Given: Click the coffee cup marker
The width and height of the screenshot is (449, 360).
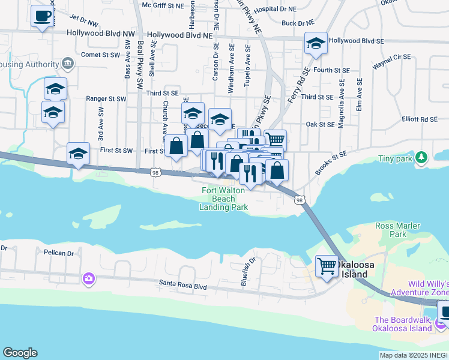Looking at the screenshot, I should pyautogui.click(x=41, y=16).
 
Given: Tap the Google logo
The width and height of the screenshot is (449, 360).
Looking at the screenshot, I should pyautogui.click(x=20, y=353).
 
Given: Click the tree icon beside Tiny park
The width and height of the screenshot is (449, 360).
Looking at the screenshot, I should pyautogui.click(x=422, y=158).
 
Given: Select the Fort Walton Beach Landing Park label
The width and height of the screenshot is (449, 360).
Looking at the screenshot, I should pyautogui.click(x=224, y=199).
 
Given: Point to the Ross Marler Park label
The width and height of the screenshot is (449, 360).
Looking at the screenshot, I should pyautogui.click(x=394, y=230).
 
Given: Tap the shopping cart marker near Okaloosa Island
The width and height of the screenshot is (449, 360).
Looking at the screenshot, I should pyautogui.click(x=327, y=265).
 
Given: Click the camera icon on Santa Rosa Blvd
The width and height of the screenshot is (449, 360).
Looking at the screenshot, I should pyautogui.click(x=89, y=278).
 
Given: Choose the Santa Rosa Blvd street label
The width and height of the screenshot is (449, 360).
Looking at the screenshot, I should pyautogui.click(x=183, y=287).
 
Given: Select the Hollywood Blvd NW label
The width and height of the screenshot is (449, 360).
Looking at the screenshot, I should pyautogui.click(x=101, y=35).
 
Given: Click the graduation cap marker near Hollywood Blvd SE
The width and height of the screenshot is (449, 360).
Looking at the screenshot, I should pyautogui.click(x=316, y=43).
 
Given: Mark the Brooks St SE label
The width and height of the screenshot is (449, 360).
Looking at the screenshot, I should pyautogui.click(x=331, y=162).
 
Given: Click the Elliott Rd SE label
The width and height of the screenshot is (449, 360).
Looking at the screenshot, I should pyautogui.click(x=421, y=119).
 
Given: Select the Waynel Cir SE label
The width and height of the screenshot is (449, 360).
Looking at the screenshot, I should pyautogui.click(x=391, y=61).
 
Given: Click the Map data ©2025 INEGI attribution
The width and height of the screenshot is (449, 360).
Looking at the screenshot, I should pyautogui.click(x=414, y=355).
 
